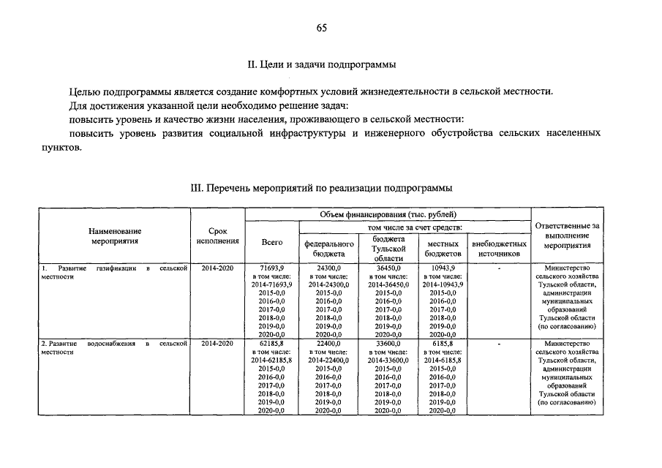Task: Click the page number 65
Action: click(322, 29)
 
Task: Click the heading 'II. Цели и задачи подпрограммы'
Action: click(322, 65)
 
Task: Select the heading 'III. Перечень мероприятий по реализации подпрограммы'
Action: click(322, 188)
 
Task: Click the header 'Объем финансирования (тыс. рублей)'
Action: click(388, 214)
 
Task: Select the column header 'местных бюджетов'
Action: click(443, 249)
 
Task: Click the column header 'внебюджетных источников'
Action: click(500, 249)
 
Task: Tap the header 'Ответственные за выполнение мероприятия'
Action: click(568, 235)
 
